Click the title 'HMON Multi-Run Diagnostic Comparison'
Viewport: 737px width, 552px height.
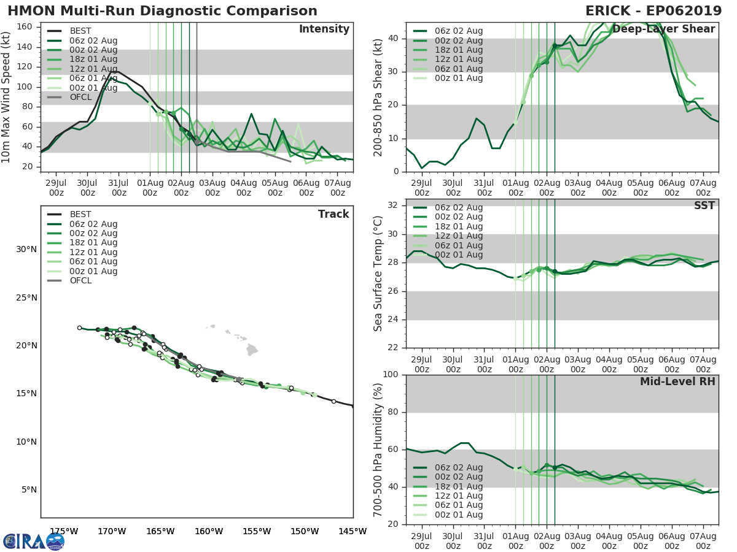tap(162, 11)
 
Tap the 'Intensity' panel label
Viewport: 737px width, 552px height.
tap(324, 29)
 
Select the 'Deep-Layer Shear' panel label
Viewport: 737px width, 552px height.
tap(663, 29)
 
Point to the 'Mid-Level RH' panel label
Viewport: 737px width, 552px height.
tap(677, 381)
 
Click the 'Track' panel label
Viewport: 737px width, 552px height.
tap(333, 214)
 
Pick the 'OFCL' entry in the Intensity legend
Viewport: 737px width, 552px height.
tap(80, 97)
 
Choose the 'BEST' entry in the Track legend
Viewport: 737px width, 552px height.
tap(80, 214)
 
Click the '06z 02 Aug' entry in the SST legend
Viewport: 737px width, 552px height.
tap(458, 207)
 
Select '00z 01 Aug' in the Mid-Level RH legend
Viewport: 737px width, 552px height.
tap(458, 515)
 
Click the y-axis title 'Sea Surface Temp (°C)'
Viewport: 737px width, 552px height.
tap(378, 274)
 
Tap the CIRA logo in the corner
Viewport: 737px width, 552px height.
tap(33, 540)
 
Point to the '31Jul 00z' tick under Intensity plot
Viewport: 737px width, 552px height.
tap(119, 188)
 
